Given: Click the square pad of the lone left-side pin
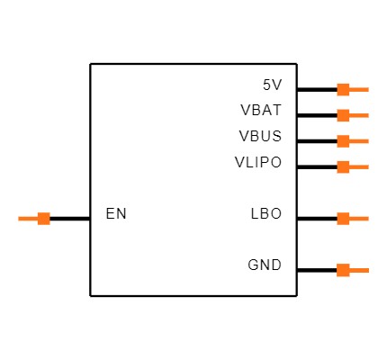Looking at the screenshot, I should [x=43, y=219].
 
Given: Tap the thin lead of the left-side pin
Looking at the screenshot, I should [x=28, y=219].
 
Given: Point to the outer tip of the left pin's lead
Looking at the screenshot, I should [x=19, y=219].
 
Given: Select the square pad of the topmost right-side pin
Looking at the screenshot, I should [x=343, y=89].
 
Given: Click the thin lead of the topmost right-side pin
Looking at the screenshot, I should [x=359, y=89].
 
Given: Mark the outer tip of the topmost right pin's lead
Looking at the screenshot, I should [x=368, y=89].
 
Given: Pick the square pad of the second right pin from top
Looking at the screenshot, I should [x=343, y=115].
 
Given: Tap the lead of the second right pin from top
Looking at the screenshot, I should [x=359, y=115].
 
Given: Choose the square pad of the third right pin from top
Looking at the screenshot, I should [x=343, y=141].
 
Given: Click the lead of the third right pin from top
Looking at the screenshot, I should [x=359, y=141].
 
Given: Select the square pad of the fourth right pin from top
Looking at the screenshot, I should [x=343, y=166].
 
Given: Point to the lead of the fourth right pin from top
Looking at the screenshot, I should [x=359, y=166].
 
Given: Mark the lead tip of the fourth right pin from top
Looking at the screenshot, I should [x=368, y=166].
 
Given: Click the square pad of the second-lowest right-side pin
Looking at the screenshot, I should [x=343, y=219].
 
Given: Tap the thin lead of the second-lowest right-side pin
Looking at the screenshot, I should [x=359, y=219].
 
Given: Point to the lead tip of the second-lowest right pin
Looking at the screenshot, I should [x=368, y=219].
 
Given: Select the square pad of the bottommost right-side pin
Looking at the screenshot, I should [x=343, y=270].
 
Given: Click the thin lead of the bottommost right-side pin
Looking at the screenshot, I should [x=359, y=270].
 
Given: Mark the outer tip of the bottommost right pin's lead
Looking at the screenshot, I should [x=368, y=270].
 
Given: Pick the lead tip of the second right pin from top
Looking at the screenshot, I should [x=368, y=115].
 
